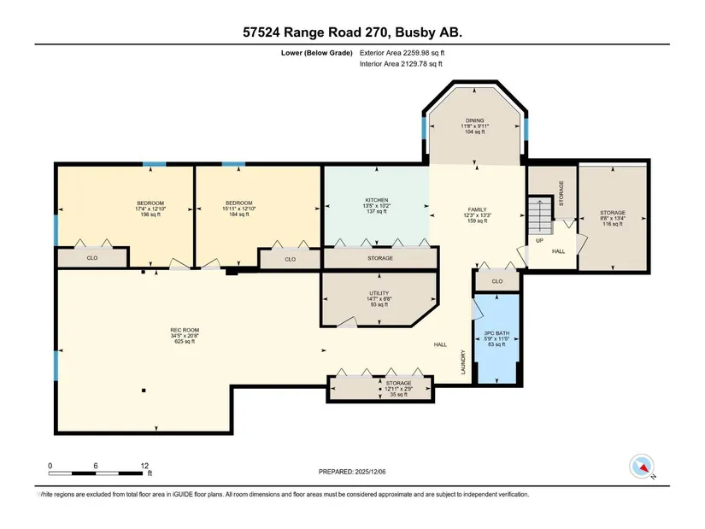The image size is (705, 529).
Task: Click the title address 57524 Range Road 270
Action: [316, 32]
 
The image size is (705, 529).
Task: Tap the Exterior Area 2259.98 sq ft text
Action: [402, 53]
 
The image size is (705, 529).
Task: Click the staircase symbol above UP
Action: [539, 215]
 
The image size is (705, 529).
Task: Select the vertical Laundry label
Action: [462, 362]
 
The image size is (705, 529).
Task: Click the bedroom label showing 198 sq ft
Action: [150, 209]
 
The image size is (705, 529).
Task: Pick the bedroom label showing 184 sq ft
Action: [239, 209]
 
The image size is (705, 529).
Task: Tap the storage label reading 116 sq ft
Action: [613, 218]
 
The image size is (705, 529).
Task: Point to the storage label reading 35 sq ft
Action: [398, 389]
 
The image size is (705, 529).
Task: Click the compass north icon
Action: [642, 467]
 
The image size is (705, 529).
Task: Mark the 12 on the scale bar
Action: [144, 466]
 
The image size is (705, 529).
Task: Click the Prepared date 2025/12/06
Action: [352, 472]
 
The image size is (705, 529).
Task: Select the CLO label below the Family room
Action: [496, 282]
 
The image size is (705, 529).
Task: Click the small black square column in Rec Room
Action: [144, 391]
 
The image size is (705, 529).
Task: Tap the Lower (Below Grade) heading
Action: [316, 53]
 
